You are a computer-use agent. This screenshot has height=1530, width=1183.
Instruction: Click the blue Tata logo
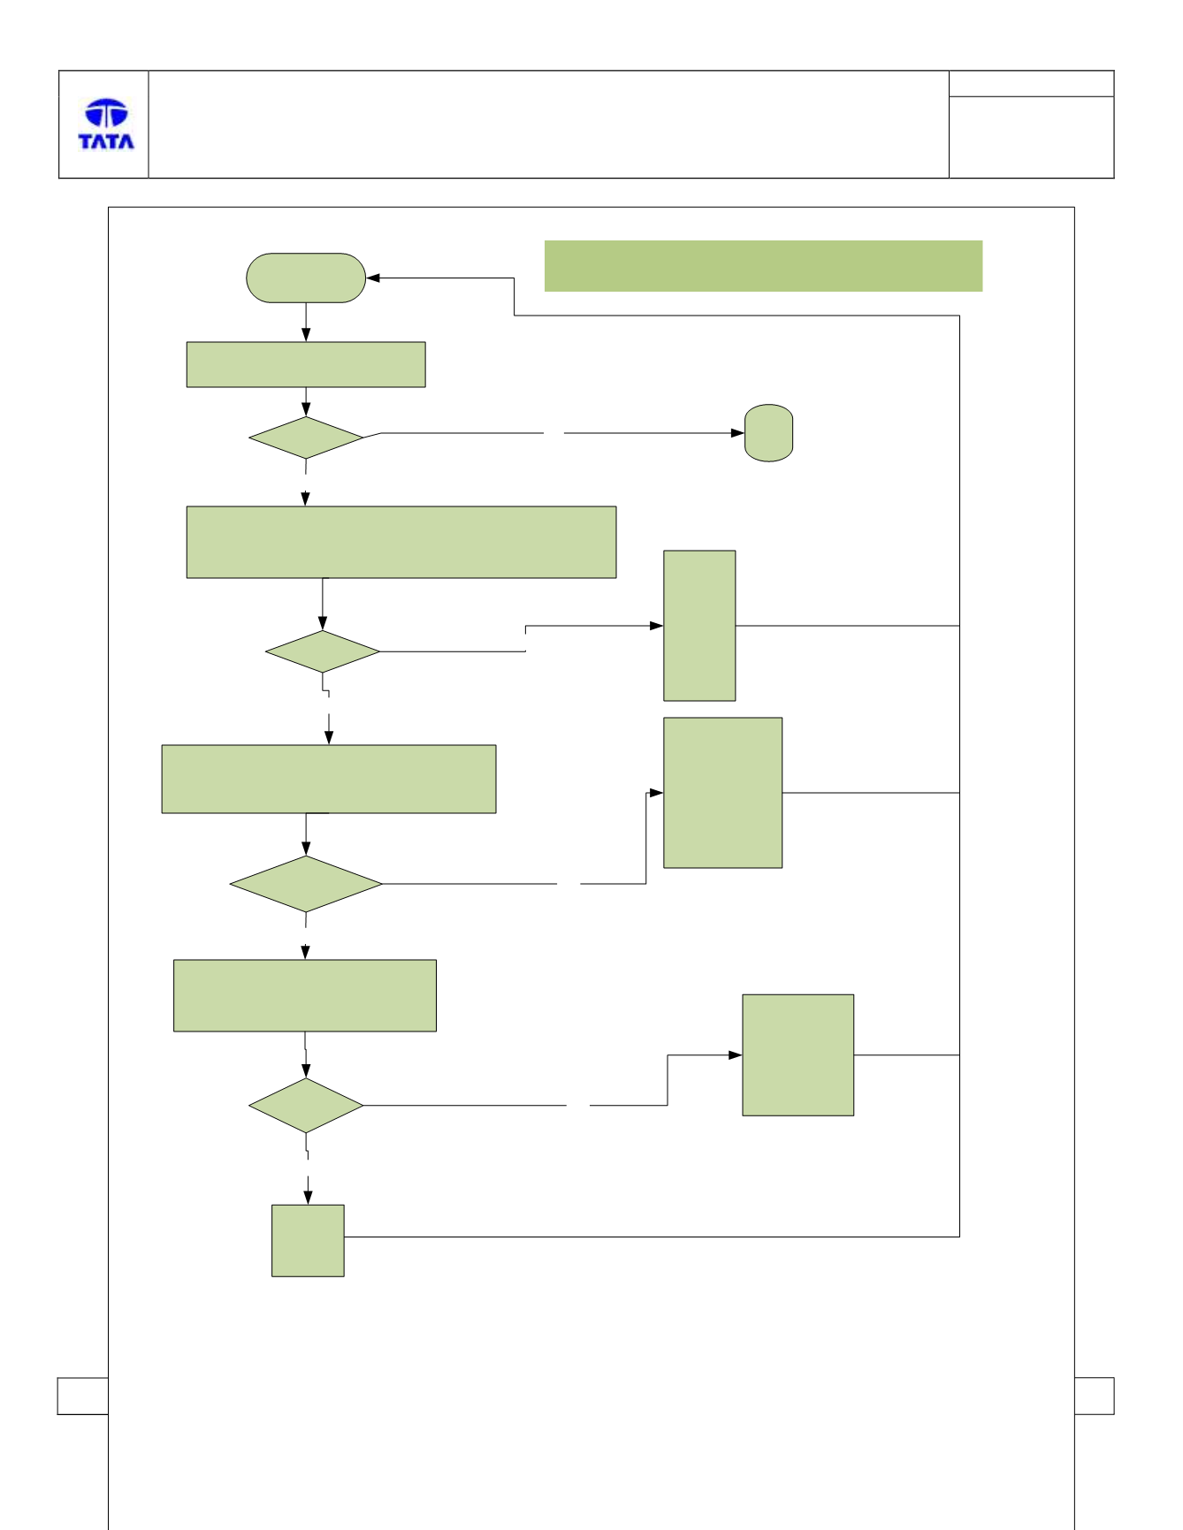point(106,124)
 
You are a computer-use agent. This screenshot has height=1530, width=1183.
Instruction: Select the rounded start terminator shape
point(306,278)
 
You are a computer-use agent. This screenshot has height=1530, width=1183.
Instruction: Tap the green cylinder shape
point(768,433)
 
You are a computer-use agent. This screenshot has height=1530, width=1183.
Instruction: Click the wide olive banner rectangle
point(763,266)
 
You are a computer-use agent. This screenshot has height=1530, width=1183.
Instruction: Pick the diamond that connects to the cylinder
point(306,438)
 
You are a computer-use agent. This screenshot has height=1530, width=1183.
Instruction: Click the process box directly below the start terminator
point(306,364)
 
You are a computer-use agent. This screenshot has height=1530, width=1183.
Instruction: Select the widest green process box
point(401,543)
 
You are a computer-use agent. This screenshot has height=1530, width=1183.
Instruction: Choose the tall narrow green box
point(699,626)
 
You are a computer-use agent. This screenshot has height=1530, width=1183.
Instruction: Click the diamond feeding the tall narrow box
point(323,651)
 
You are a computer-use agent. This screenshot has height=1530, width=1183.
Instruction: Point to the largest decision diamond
point(306,884)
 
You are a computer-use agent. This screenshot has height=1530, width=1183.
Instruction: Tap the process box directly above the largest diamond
point(329,779)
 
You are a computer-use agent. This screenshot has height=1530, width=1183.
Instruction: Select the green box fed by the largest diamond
point(723,793)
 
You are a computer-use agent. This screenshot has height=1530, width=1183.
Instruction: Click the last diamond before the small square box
point(306,1106)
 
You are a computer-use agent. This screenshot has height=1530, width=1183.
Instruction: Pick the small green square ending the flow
point(308,1240)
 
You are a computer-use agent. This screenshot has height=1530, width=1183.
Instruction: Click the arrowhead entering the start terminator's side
point(373,278)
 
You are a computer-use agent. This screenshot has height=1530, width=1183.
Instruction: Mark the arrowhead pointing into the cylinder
point(737,433)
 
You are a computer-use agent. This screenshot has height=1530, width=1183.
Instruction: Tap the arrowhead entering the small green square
point(308,1198)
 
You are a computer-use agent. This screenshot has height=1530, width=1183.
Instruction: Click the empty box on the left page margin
point(82,1396)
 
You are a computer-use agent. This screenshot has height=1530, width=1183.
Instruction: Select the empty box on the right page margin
point(1094,1396)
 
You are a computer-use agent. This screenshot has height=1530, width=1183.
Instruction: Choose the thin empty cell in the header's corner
point(1031,84)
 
